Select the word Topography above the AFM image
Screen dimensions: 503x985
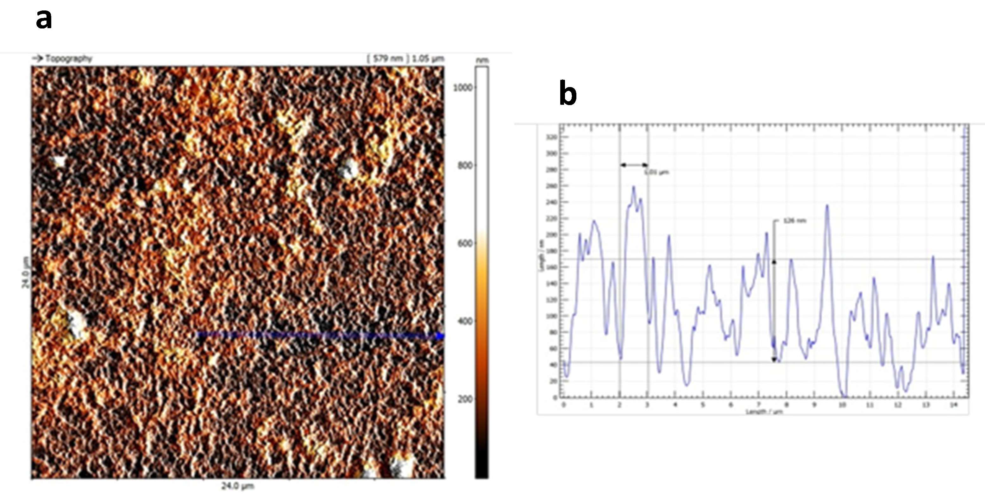(x=69, y=59)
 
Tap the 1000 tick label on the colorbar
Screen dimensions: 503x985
(x=463, y=88)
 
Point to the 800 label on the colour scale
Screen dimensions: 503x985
(x=465, y=166)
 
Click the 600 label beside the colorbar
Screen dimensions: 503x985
(x=465, y=243)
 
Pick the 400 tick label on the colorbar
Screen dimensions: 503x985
(x=465, y=321)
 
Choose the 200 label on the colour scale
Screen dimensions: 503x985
(x=465, y=399)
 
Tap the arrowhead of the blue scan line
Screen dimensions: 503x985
(x=441, y=336)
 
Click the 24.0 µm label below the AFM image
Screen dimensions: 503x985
(x=237, y=486)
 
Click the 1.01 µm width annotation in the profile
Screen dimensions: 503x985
(x=656, y=173)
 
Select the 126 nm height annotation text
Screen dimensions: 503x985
(x=794, y=221)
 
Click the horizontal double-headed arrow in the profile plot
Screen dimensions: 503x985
(x=634, y=165)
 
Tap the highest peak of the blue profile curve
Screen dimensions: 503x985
(x=634, y=187)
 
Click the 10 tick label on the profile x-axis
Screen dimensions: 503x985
(x=842, y=405)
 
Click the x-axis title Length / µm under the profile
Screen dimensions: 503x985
(x=764, y=412)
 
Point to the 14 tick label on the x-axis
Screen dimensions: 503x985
(x=953, y=405)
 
